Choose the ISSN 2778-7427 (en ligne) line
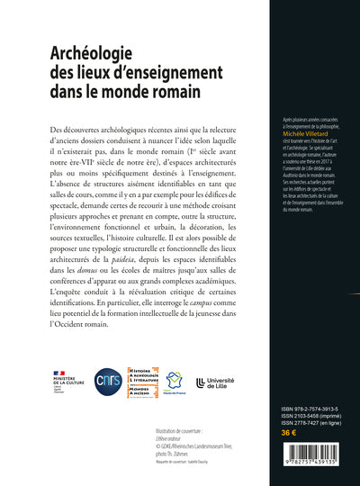[291, 423]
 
